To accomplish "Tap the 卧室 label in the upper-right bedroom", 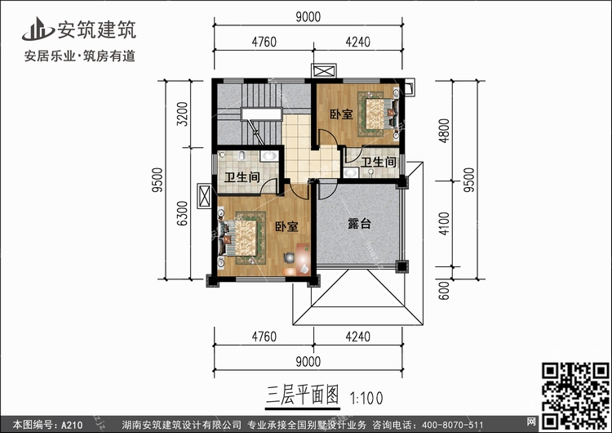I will [341, 114].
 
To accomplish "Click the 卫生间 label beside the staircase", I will [242, 177].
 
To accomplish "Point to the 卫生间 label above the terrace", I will [379, 163].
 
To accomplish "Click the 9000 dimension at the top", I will [308, 16].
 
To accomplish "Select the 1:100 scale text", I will [366, 396].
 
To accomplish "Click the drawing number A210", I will [71, 425].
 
